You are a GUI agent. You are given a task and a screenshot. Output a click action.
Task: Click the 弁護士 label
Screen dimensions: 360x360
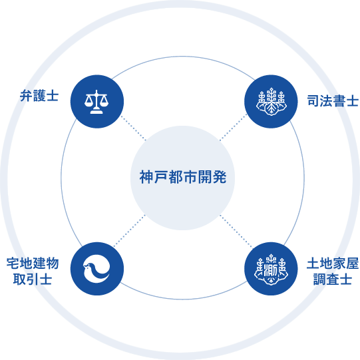[39, 96]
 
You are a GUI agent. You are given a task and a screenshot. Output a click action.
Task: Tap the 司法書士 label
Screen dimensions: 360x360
[333, 100]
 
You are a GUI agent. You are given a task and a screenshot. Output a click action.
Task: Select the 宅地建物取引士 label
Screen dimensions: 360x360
[33, 271]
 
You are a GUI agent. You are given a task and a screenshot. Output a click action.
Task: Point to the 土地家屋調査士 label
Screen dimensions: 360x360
[333, 271]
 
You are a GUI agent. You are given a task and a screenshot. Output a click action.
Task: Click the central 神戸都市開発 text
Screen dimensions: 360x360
[183, 177]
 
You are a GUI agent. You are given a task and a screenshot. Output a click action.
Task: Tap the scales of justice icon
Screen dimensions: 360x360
[96, 102]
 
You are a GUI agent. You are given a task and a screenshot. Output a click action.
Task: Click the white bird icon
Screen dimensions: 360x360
[96, 269]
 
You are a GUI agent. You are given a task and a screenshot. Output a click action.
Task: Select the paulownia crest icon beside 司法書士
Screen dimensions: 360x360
[271, 102]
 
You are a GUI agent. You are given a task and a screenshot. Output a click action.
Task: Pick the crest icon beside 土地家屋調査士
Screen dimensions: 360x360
[271, 269]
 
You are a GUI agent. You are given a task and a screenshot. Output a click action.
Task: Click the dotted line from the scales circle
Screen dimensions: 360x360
[133, 128]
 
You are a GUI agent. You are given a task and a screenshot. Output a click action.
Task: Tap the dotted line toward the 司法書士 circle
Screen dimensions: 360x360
[234, 127]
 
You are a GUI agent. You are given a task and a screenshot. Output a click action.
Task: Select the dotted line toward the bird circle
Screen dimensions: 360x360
[130, 230]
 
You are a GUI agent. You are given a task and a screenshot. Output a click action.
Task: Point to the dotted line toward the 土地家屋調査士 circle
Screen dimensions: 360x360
[236, 231]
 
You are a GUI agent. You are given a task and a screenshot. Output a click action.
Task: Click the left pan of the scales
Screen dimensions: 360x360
[89, 102]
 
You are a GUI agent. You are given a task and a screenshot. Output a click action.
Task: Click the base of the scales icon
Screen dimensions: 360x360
[96, 112]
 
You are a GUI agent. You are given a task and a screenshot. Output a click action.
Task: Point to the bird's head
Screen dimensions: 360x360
[88, 267]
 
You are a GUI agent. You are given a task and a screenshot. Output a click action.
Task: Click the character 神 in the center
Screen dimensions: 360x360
[146, 177]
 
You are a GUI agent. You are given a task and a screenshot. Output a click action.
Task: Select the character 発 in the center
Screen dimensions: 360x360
[220, 177]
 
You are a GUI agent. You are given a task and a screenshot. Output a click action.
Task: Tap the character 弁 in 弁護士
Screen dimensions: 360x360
[26, 96]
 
